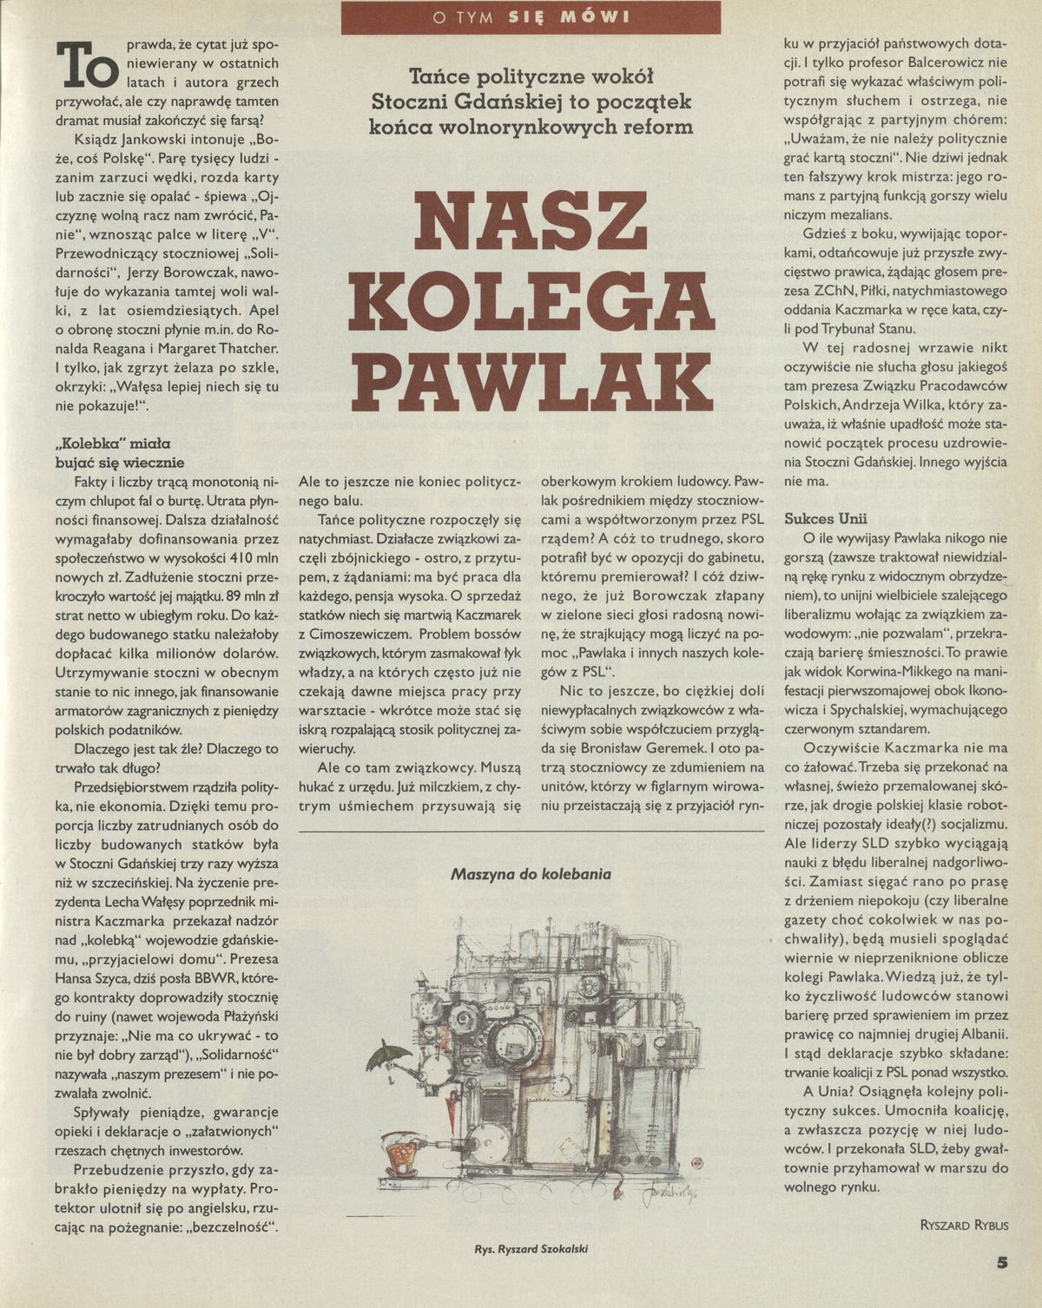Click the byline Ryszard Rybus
[964, 1225]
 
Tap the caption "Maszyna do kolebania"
[531, 874]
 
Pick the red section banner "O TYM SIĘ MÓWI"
[531, 17]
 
